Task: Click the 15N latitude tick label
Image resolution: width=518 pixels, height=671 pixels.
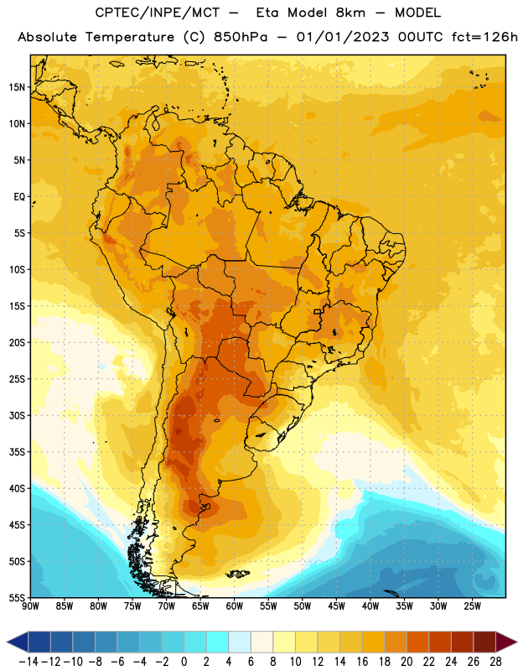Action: (x=17, y=87)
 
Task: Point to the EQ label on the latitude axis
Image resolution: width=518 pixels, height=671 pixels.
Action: (x=19, y=197)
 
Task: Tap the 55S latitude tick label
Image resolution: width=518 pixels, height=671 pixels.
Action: (x=17, y=597)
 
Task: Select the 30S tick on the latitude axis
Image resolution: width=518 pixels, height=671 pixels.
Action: (x=17, y=415)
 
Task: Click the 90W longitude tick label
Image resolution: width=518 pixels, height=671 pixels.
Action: (x=30, y=606)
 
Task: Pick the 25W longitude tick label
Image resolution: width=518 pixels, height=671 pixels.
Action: (x=472, y=606)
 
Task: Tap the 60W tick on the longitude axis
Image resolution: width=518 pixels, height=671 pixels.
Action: (x=235, y=606)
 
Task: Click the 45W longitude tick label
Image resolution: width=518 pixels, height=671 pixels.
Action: (x=336, y=606)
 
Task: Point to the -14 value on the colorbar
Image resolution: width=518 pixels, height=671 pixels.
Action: (x=28, y=662)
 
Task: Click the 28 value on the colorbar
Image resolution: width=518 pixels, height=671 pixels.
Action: (x=495, y=662)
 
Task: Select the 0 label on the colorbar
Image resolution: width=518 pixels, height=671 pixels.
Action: (x=184, y=662)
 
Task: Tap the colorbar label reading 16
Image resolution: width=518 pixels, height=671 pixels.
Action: (x=362, y=662)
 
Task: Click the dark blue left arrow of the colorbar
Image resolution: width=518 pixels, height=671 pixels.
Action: (x=18, y=642)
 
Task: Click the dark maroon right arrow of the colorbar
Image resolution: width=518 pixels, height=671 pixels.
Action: (x=506, y=642)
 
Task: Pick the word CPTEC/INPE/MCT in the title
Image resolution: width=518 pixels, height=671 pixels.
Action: (x=158, y=13)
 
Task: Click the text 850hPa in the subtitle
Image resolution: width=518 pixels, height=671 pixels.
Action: (x=241, y=37)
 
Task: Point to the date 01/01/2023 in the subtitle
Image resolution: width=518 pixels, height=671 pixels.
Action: (x=343, y=37)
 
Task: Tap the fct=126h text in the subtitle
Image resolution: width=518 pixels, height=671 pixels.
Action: (x=484, y=37)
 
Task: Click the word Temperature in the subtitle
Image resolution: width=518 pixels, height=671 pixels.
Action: (x=130, y=37)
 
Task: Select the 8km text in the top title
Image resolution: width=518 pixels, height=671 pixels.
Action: (x=350, y=13)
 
